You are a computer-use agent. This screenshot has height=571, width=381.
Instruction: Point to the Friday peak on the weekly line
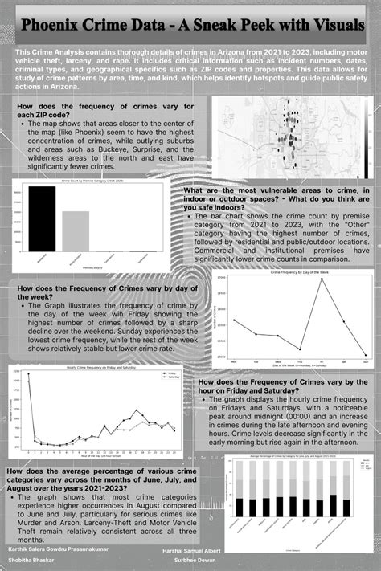tap(322, 279)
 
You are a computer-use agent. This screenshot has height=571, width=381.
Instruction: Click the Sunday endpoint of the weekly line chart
tap(365, 354)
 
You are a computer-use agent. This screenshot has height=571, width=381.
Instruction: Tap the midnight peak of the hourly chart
tap(29, 374)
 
